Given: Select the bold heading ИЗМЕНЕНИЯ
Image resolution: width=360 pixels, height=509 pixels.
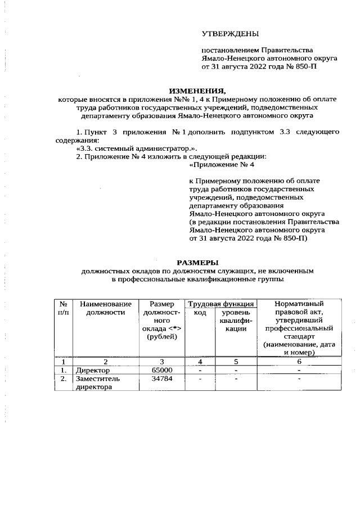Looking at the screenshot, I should pos(197,91).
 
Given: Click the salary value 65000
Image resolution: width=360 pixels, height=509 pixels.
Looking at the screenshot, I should pos(162,371).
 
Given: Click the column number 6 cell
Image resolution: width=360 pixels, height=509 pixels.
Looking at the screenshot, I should pos(300,362).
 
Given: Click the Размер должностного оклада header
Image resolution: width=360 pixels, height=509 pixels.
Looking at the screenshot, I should pos(162,320).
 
